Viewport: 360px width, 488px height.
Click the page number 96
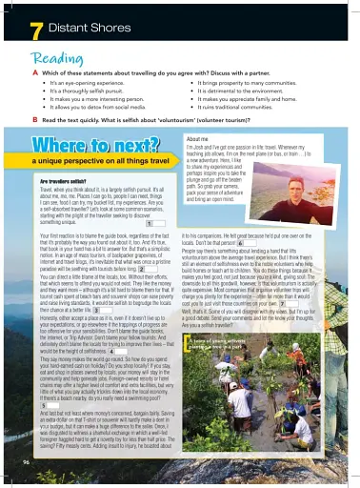25,461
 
